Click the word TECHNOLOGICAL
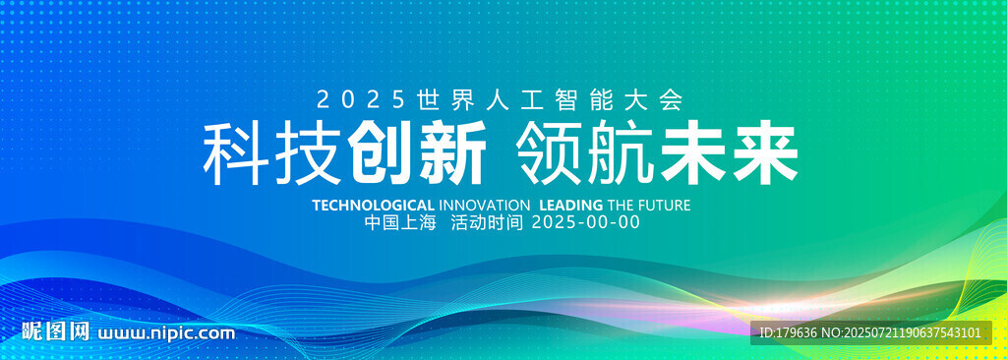click(x=373, y=205)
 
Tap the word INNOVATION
click(x=485, y=205)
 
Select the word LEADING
click(x=571, y=205)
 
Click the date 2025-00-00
click(x=587, y=223)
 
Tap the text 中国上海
click(x=400, y=223)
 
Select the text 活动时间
click(x=488, y=223)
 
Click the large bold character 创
click(x=381, y=154)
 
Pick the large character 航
click(x=621, y=154)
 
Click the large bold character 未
click(x=692, y=154)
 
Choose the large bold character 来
click(x=764, y=154)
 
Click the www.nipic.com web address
click(x=166, y=333)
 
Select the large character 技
click(x=308, y=154)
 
